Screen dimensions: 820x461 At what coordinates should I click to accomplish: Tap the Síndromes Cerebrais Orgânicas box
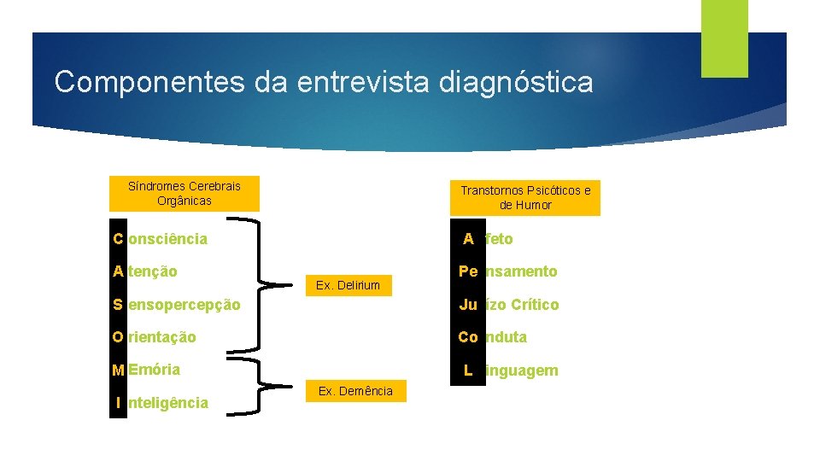coord(184,193)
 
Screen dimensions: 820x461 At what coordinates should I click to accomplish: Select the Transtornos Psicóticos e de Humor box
coord(525,197)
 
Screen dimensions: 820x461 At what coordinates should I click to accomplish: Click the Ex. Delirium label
coord(348,285)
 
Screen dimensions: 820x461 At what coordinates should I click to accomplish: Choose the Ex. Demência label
coord(355,391)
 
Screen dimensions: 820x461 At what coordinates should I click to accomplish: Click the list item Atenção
coord(146,271)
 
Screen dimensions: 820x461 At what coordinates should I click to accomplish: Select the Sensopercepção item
coord(177,305)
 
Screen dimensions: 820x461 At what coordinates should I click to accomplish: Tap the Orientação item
coord(155,337)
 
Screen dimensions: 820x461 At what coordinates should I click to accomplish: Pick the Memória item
coord(147,370)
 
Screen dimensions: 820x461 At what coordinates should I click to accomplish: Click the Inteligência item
coord(161,403)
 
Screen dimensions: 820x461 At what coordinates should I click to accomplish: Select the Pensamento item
coord(508,271)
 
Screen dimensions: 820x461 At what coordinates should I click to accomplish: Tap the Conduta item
coord(493,337)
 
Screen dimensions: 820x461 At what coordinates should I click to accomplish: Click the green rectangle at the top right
coord(724,38)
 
